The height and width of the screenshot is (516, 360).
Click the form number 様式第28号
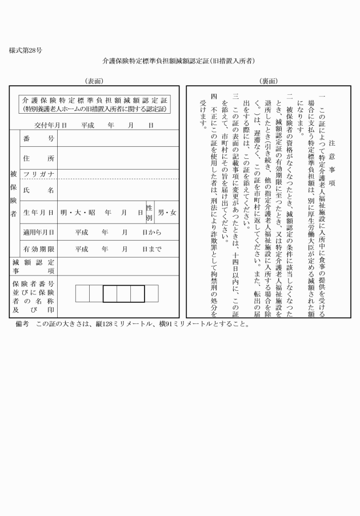25,50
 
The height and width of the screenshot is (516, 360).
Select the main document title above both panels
178,60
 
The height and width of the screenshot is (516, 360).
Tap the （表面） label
93,81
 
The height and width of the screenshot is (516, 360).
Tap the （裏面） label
267,81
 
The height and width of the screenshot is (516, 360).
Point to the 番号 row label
38,139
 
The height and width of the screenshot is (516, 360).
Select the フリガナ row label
38,174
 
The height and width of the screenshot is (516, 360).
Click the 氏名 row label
38,190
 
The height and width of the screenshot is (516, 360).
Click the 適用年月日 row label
38,232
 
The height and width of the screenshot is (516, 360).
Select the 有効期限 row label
38,249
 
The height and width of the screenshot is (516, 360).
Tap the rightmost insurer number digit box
151,293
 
